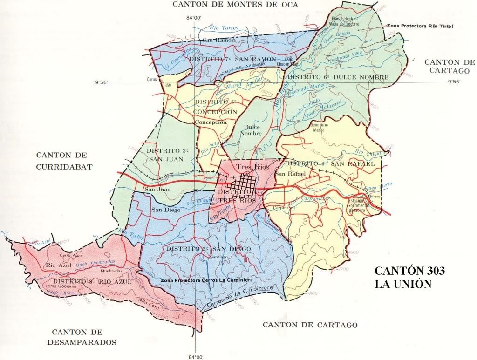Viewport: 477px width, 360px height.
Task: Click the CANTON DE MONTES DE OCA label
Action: [235, 5]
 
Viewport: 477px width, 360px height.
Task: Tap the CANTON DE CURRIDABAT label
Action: [65, 160]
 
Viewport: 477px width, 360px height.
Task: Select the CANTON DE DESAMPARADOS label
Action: [83, 337]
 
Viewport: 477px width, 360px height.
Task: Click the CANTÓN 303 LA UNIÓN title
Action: [410, 277]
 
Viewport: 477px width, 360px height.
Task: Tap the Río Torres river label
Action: [224, 28]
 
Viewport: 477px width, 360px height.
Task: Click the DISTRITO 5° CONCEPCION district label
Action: [216, 107]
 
